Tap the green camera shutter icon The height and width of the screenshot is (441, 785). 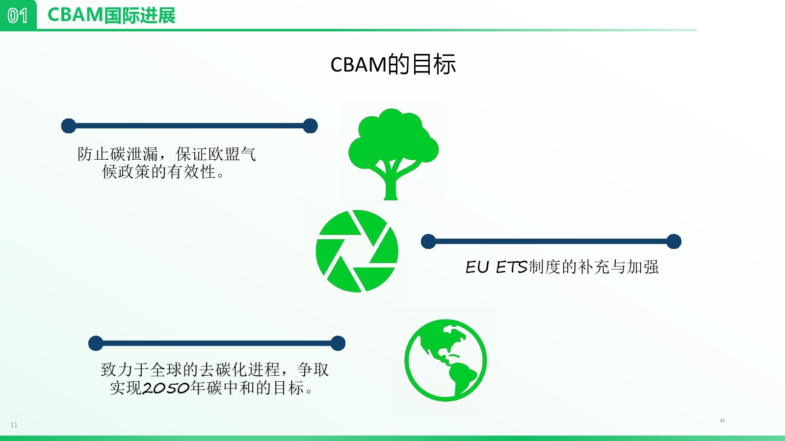click(x=357, y=251)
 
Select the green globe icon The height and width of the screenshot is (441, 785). click(x=445, y=360)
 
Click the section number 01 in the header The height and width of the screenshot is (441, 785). click(x=18, y=16)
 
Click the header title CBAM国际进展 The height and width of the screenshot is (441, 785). click(x=111, y=15)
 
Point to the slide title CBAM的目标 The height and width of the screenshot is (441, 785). click(x=393, y=64)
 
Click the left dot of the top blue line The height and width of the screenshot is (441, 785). click(x=69, y=126)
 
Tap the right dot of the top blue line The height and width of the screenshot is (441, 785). click(x=310, y=126)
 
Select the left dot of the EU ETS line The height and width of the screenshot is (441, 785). click(x=428, y=242)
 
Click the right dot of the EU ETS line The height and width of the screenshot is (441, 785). click(x=674, y=242)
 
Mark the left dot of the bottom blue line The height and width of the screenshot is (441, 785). click(x=96, y=343)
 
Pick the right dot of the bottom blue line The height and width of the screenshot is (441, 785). click(x=338, y=343)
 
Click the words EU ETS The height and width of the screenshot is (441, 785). click(x=496, y=267)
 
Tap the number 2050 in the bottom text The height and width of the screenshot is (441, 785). click(x=166, y=388)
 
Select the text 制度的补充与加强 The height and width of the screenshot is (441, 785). click(x=593, y=267)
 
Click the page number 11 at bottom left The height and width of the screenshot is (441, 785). click(x=14, y=425)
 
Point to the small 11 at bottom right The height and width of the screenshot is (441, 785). click(x=722, y=420)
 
